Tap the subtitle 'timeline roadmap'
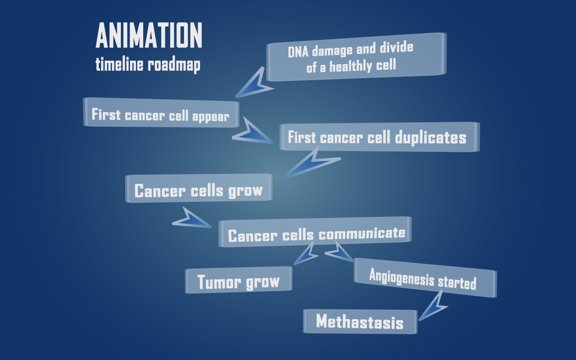point(148,64)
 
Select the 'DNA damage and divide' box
point(356,57)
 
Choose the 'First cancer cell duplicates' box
point(379,137)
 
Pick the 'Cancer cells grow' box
point(199,188)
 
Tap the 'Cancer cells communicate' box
point(315,232)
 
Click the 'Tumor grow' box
point(238,280)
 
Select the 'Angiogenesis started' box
point(425,278)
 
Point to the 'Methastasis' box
point(360,322)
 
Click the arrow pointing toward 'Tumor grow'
point(306,254)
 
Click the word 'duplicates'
point(431,138)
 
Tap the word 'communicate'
point(362,233)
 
